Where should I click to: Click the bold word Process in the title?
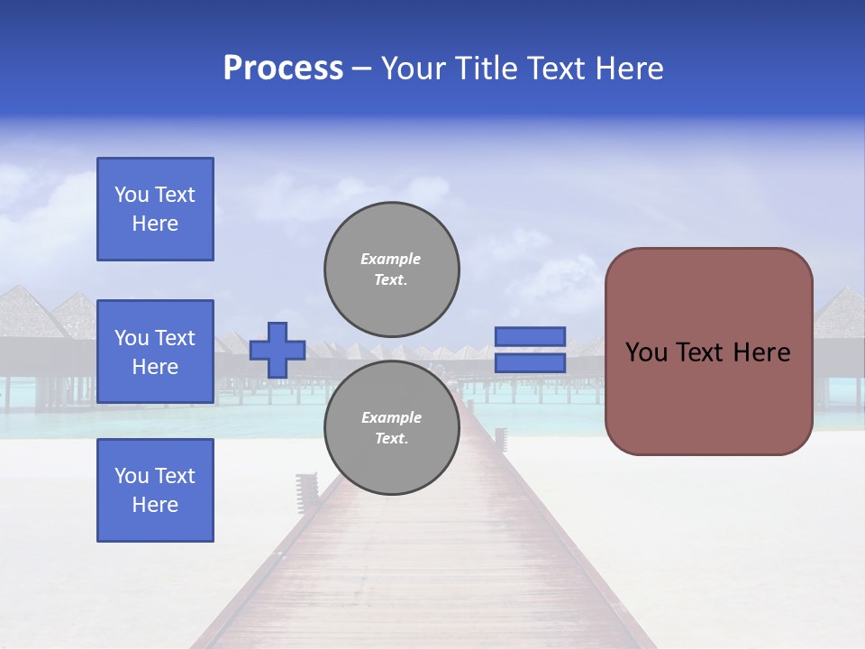[283, 69]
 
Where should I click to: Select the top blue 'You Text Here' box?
[155, 209]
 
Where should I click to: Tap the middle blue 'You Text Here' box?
[155, 352]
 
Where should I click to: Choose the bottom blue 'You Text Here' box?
[155, 490]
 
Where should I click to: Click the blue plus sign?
[278, 350]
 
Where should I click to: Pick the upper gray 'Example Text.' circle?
[392, 269]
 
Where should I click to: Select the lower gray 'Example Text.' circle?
[392, 427]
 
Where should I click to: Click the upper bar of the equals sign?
[530, 337]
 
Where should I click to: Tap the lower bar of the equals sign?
[530, 362]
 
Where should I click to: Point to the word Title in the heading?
[486, 69]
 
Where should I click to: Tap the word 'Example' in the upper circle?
[391, 259]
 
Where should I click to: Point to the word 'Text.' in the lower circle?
[391, 439]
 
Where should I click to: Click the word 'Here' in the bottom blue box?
[155, 505]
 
